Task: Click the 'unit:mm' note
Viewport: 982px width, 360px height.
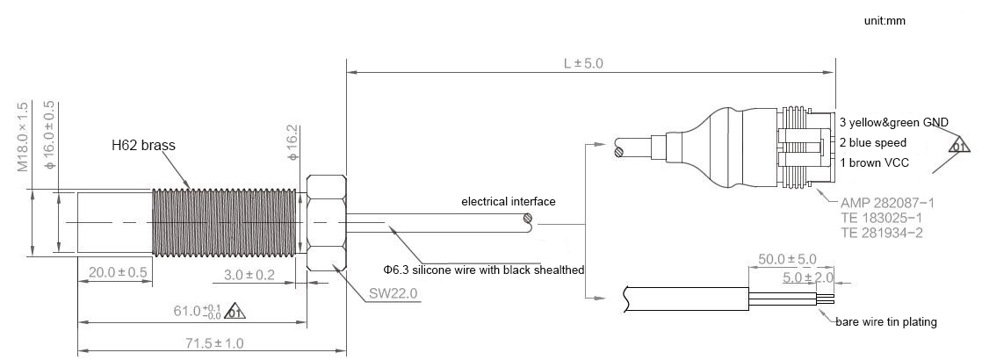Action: [884, 20]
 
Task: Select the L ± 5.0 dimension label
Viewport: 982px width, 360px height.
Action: [583, 64]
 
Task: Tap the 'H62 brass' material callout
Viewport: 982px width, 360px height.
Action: [143, 146]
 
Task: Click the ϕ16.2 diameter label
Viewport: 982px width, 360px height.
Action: [292, 142]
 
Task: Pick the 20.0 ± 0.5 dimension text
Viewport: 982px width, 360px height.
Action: [118, 272]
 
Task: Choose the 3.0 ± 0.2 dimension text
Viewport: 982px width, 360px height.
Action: [249, 275]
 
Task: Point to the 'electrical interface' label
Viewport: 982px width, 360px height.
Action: [509, 202]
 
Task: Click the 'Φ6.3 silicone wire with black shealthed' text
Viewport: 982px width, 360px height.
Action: [483, 270]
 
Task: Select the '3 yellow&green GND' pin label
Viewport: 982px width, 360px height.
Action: [893, 123]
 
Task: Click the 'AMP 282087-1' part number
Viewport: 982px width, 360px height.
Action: [887, 202]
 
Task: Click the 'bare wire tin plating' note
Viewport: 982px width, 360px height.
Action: [885, 322]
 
